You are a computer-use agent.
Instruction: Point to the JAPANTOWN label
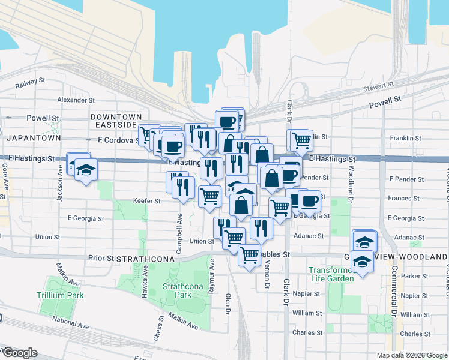click(x=34, y=137)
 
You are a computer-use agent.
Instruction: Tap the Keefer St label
click(x=146, y=202)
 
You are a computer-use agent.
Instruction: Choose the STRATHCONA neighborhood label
click(x=145, y=259)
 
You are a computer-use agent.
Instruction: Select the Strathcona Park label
click(x=180, y=291)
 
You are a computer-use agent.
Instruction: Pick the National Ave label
click(x=71, y=328)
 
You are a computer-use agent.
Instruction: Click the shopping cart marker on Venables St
click(x=249, y=254)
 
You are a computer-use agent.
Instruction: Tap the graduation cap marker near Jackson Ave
click(x=86, y=170)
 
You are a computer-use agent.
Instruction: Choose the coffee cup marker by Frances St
click(x=310, y=200)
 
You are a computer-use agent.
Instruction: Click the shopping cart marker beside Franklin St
click(x=301, y=140)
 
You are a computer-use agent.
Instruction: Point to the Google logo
click(x=19, y=353)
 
